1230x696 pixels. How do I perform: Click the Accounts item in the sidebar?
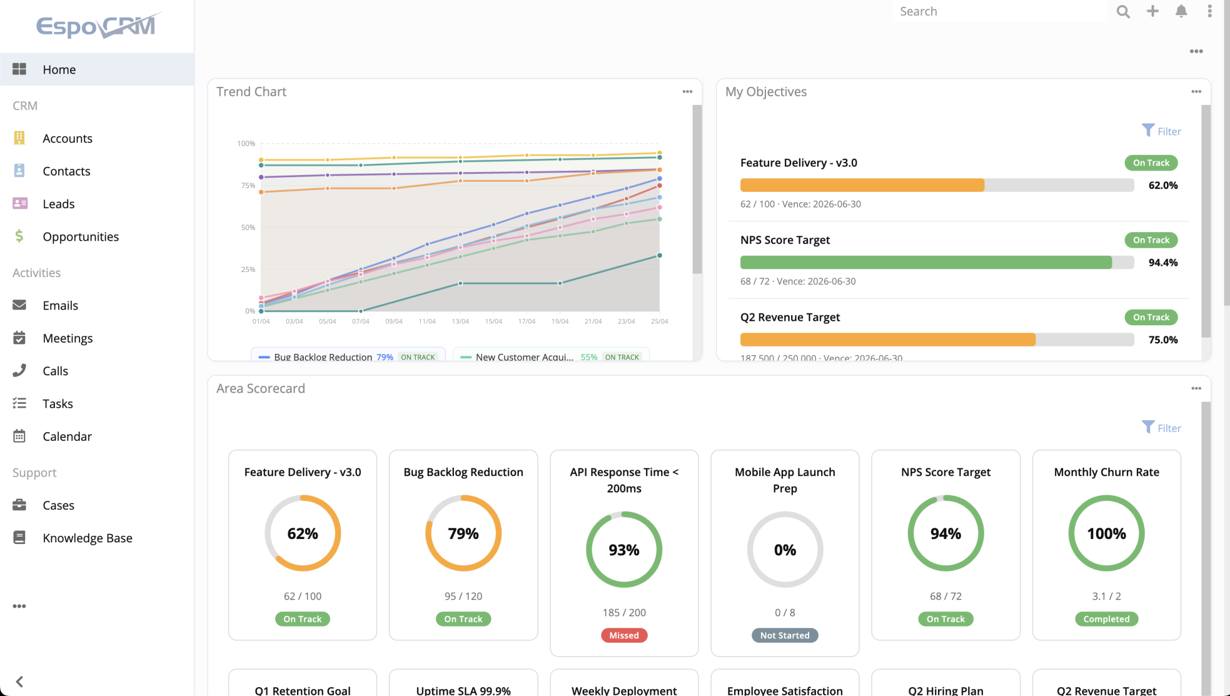67,139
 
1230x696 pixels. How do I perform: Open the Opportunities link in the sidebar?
81,237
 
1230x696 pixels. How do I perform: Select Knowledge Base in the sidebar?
87,538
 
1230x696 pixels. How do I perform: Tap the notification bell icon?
1181,11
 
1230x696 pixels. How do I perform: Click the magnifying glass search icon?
1123,11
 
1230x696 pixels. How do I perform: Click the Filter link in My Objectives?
1161,131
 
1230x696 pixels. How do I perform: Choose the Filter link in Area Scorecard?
1161,428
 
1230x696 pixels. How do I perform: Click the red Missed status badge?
624,635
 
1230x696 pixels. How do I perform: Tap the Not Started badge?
785,635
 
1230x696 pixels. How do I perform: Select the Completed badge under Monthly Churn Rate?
1106,619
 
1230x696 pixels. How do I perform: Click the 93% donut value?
624,550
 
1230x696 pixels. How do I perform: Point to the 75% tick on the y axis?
248,186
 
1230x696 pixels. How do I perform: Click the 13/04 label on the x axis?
460,321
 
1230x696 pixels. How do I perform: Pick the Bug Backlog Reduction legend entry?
323,357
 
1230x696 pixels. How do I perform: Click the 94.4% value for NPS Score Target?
1163,262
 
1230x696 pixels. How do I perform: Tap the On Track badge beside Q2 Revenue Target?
1151,317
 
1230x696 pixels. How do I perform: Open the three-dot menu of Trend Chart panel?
687,91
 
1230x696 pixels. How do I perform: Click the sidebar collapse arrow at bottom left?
20,681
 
